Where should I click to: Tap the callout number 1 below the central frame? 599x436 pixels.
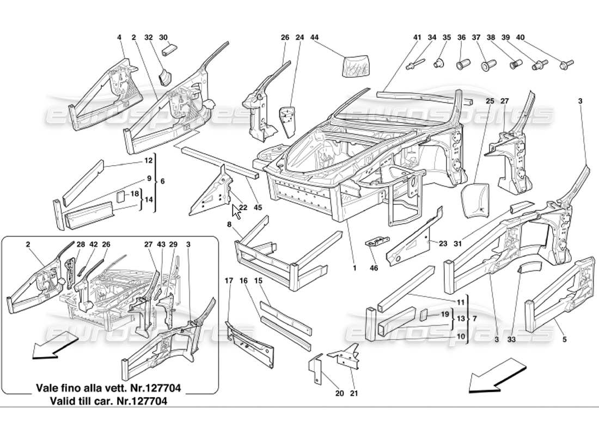pyautogui.click(x=354, y=268)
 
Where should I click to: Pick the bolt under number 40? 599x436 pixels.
pyautogui.click(x=565, y=65)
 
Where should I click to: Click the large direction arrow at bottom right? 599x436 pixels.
pyautogui.click(x=492, y=376)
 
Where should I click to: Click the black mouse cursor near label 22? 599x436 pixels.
pyautogui.click(x=237, y=210)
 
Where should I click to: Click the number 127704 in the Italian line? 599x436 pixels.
pyautogui.click(x=158, y=389)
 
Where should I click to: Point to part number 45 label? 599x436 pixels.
pyautogui.click(x=258, y=207)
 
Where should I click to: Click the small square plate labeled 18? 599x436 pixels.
pyautogui.click(x=121, y=196)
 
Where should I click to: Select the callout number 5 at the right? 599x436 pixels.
pyautogui.click(x=565, y=340)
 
